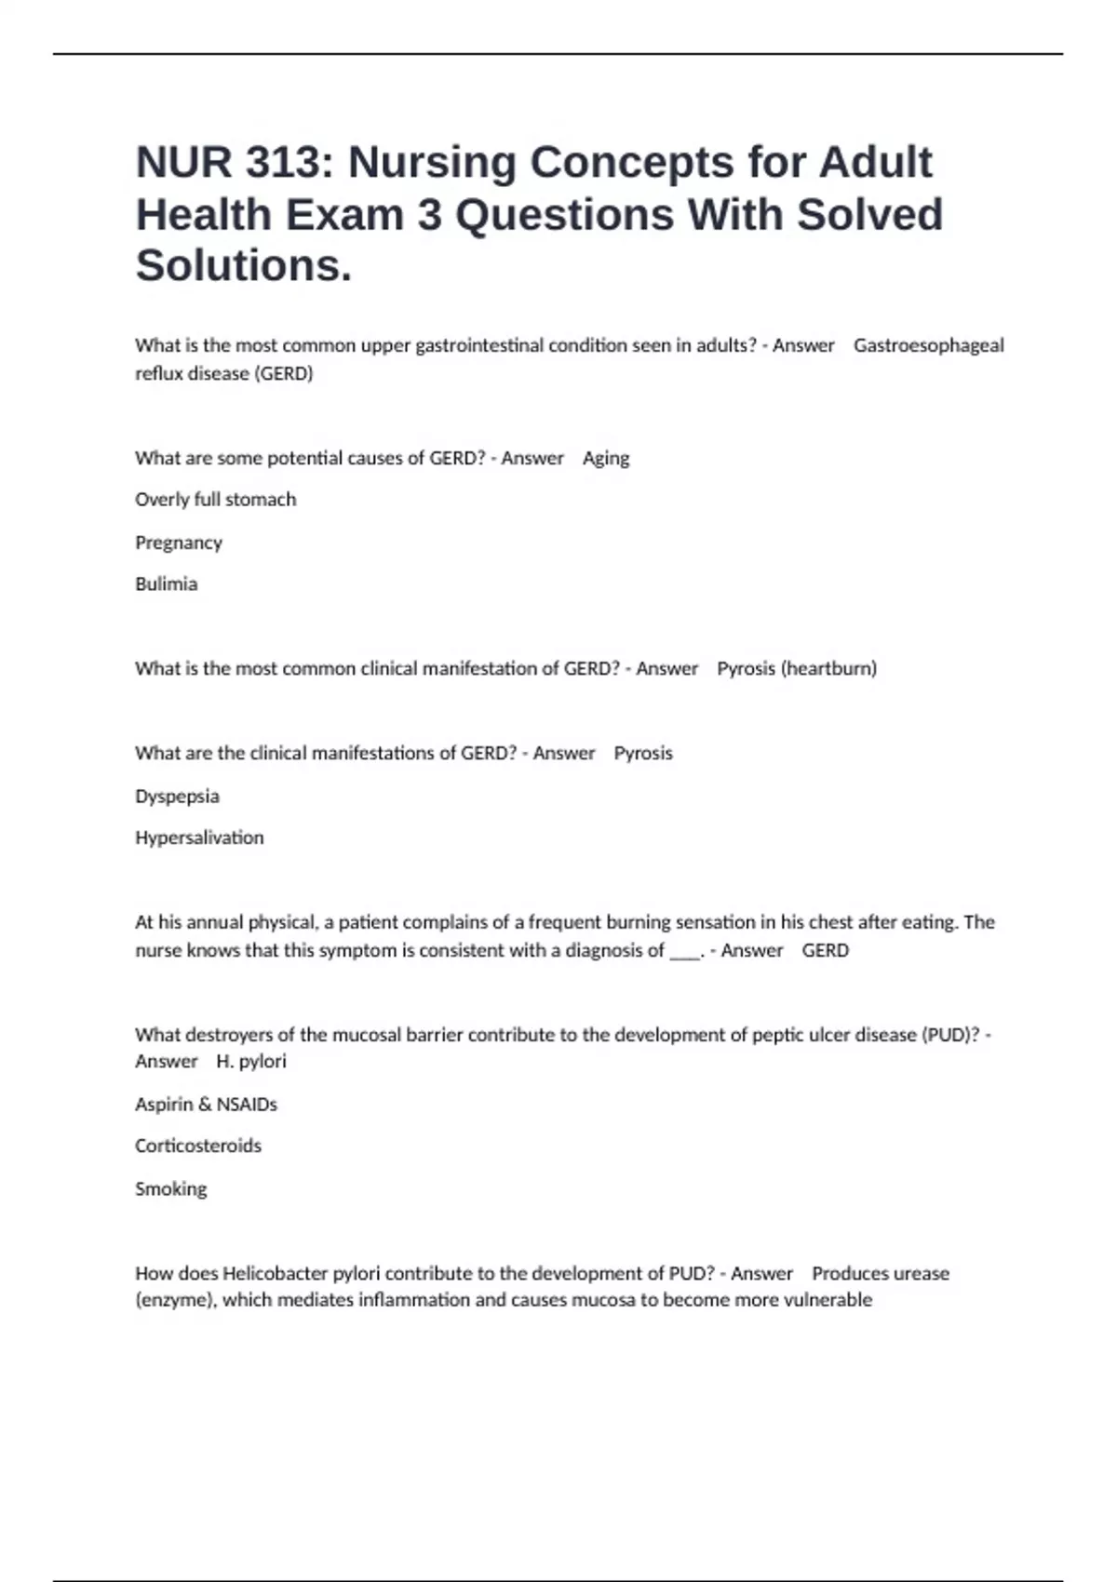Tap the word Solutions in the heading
click(x=244, y=266)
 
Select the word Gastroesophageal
click(x=928, y=345)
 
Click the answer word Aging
click(x=606, y=458)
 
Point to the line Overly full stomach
click(x=215, y=500)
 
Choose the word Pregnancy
click(x=179, y=543)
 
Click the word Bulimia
click(x=166, y=584)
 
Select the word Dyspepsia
click(x=177, y=797)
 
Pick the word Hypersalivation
click(x=199, y=838)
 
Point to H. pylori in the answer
click(x=251, y=1062)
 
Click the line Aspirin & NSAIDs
click(x=206, y=1105)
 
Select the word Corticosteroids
click(x=198, y=1146)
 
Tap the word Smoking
click(x=170, y=1188)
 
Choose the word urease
click(x=921, y=1273)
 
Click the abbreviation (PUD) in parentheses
click(x=950, y=1035)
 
